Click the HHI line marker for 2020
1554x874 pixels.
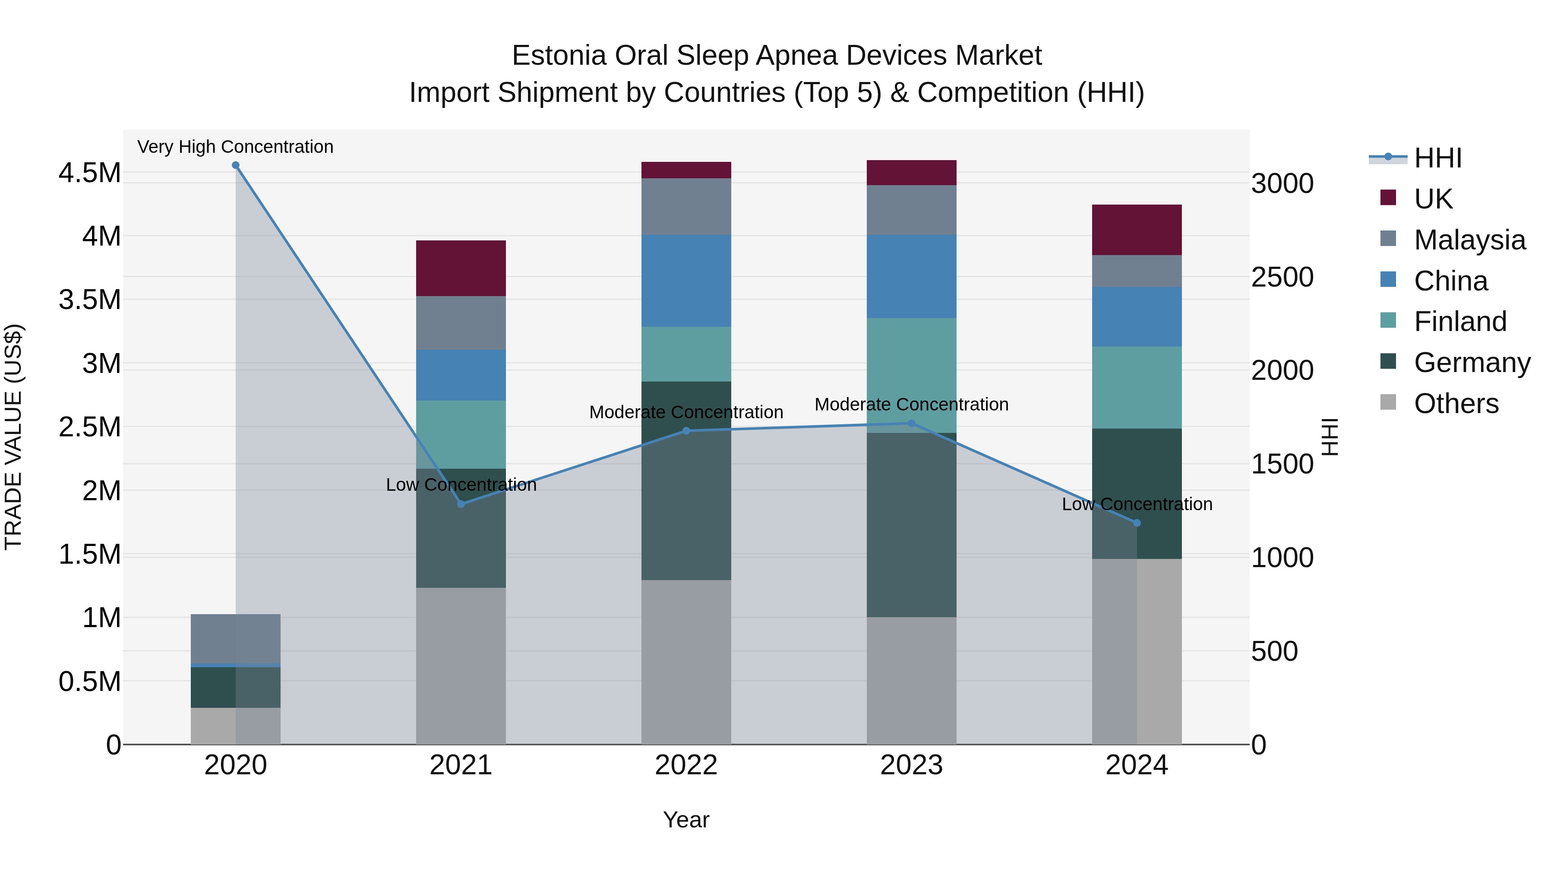click(x=235, y=165)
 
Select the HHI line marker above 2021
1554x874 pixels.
click(x=461, y=504)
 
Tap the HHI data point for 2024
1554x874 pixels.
click(x=1137, y=523)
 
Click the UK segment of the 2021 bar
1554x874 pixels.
click(x=461, y=268)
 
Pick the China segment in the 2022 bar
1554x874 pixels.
click(x=686, y=281)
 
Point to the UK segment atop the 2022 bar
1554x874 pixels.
click(x=686, y=170)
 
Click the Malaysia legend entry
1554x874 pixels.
click(x=1469, y=240)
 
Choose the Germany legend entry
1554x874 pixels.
click(x=1472, y=363)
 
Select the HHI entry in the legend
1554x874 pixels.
click(x=1437, y=158)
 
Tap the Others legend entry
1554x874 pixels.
click(x=1456, y=403)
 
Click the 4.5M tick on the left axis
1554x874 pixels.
click(x=89, y=173)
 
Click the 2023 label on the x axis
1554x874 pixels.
click(x=912, y=765)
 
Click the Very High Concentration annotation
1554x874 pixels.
click(x=235, y=147)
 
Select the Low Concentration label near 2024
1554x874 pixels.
click(x=1137, y=504)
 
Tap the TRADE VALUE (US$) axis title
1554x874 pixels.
click(x=13, y=437)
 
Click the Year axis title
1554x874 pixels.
click(x=686, y=820)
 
